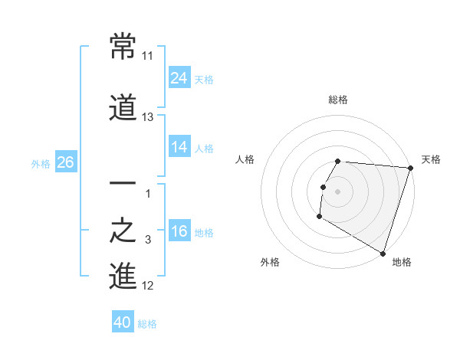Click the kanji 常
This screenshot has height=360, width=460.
click(x=123, y=47)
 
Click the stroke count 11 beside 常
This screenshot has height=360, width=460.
click(x=148, y=56)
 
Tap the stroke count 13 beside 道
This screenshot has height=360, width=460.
click(x=148, y=117)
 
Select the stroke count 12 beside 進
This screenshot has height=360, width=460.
click(x=148, y=286)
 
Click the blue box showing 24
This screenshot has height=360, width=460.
click(x=179, y=77)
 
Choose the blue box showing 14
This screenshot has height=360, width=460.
click(x=179, y=146)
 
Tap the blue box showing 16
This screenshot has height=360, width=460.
click(x=179, y=231)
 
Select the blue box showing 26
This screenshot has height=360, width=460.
click(x=65, y=162)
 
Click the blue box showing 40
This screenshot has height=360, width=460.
click(x=123, y=322)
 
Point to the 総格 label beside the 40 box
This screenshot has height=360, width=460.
click(x=147, y=324)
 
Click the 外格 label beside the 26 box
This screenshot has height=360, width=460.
click(x=41, y=163)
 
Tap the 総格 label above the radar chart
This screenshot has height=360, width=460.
click(x=338, y=100)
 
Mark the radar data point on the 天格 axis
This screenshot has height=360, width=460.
click(x=410, y=169)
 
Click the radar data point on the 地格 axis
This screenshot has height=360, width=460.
click(x=383, y=253)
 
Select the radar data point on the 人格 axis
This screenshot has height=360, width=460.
click(x=323, y=188)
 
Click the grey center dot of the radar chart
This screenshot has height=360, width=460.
click(x=337, y=191)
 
